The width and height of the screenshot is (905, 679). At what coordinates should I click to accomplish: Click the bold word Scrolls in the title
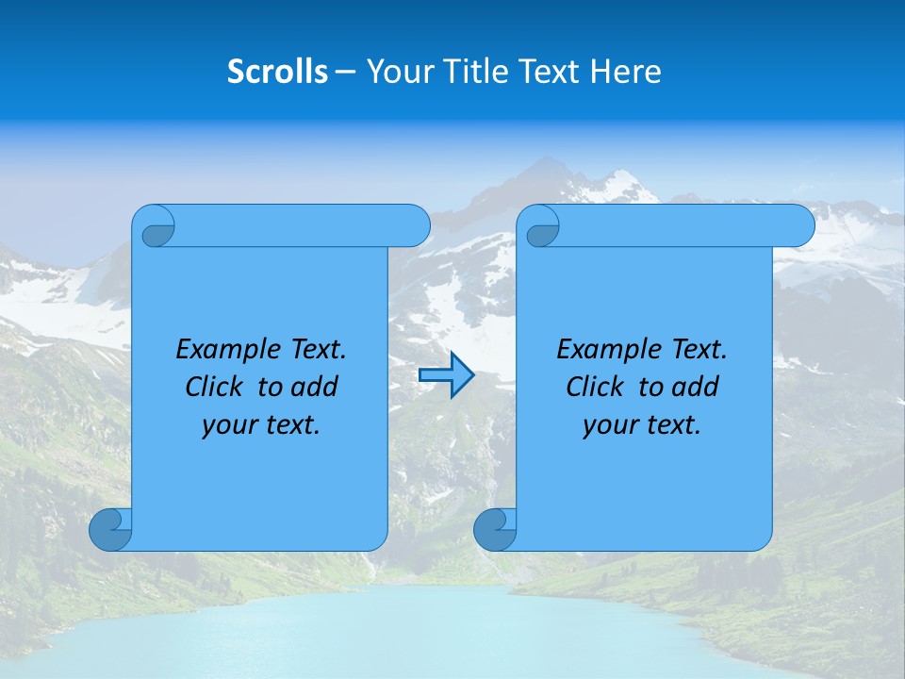(277, 72)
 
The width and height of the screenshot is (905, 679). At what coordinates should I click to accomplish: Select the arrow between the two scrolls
(446, 375)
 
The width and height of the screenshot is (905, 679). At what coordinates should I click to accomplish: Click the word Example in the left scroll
(224, 350)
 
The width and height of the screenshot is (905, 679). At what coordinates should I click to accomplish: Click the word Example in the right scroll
(605, 350)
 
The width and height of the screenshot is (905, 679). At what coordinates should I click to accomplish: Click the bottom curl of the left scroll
(110, 529)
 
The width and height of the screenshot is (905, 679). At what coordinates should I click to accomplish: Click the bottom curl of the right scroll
(494, 529)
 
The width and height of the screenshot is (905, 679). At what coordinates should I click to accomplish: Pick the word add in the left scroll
(317, 387)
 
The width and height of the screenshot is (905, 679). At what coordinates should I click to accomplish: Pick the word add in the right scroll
(698, 387)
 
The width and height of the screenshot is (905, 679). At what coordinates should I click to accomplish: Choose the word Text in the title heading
(549, 72)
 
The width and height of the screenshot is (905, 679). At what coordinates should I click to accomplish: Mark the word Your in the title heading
(397, 72)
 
